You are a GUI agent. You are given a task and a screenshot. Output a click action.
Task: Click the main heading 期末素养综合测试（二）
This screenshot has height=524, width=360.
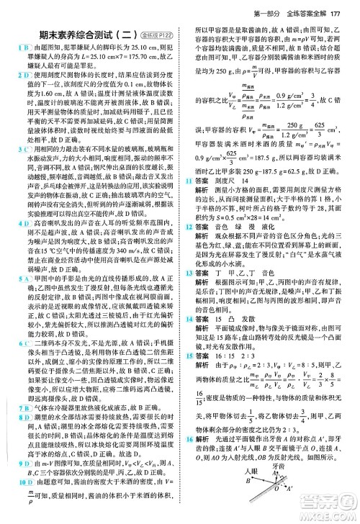click(78, 33)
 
